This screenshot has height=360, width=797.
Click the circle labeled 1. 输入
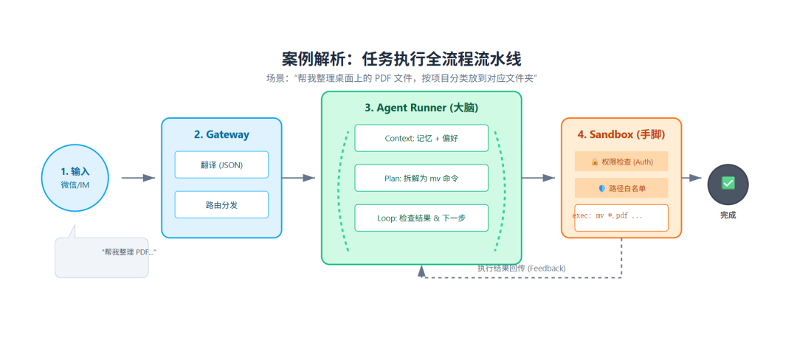75,178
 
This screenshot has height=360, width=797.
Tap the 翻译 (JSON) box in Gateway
221,165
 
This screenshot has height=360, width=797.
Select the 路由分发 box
221,204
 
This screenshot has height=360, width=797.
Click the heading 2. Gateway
221,135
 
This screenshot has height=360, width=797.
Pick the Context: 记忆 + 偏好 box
421,138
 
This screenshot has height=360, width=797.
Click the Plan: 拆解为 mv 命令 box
421,178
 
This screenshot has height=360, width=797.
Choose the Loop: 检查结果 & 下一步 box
421,218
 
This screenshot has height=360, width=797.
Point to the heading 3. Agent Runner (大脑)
421,108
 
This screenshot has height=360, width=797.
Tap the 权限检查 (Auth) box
621,162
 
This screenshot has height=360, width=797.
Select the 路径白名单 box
621,188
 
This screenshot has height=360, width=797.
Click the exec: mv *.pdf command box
621,217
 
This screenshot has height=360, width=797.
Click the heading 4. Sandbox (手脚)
621,135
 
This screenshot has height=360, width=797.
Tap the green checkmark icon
728,182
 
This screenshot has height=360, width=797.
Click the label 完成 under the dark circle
728,215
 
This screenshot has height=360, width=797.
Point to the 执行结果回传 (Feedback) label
521,269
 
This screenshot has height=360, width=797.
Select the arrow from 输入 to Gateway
138,178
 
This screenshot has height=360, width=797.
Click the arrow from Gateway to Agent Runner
298,178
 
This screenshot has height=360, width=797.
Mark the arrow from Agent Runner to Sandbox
538,178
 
